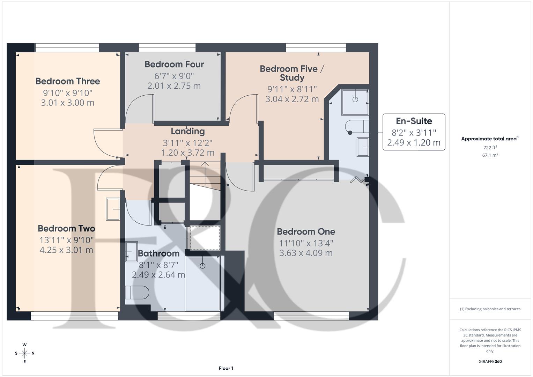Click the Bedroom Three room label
click(x=68, y=81)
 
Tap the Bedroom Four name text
click(x=174, y=64)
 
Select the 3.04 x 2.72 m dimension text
click(x=292, y=99)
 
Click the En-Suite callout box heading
click(x=414, y=121)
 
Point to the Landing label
click(x=187, y=131)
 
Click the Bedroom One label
click(x=306, y=231)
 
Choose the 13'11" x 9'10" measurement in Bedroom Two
click(x=66, y=240)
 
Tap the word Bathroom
click(x=158, y=253)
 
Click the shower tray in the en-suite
click(x=355, y=102)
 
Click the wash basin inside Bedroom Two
click(x=113, y=209)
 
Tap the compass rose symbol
click(x=24, y=353)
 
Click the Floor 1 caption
click(x=226, y=368)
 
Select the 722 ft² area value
click(x=490, y=147)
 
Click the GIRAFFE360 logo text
click(x=490, y=361)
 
